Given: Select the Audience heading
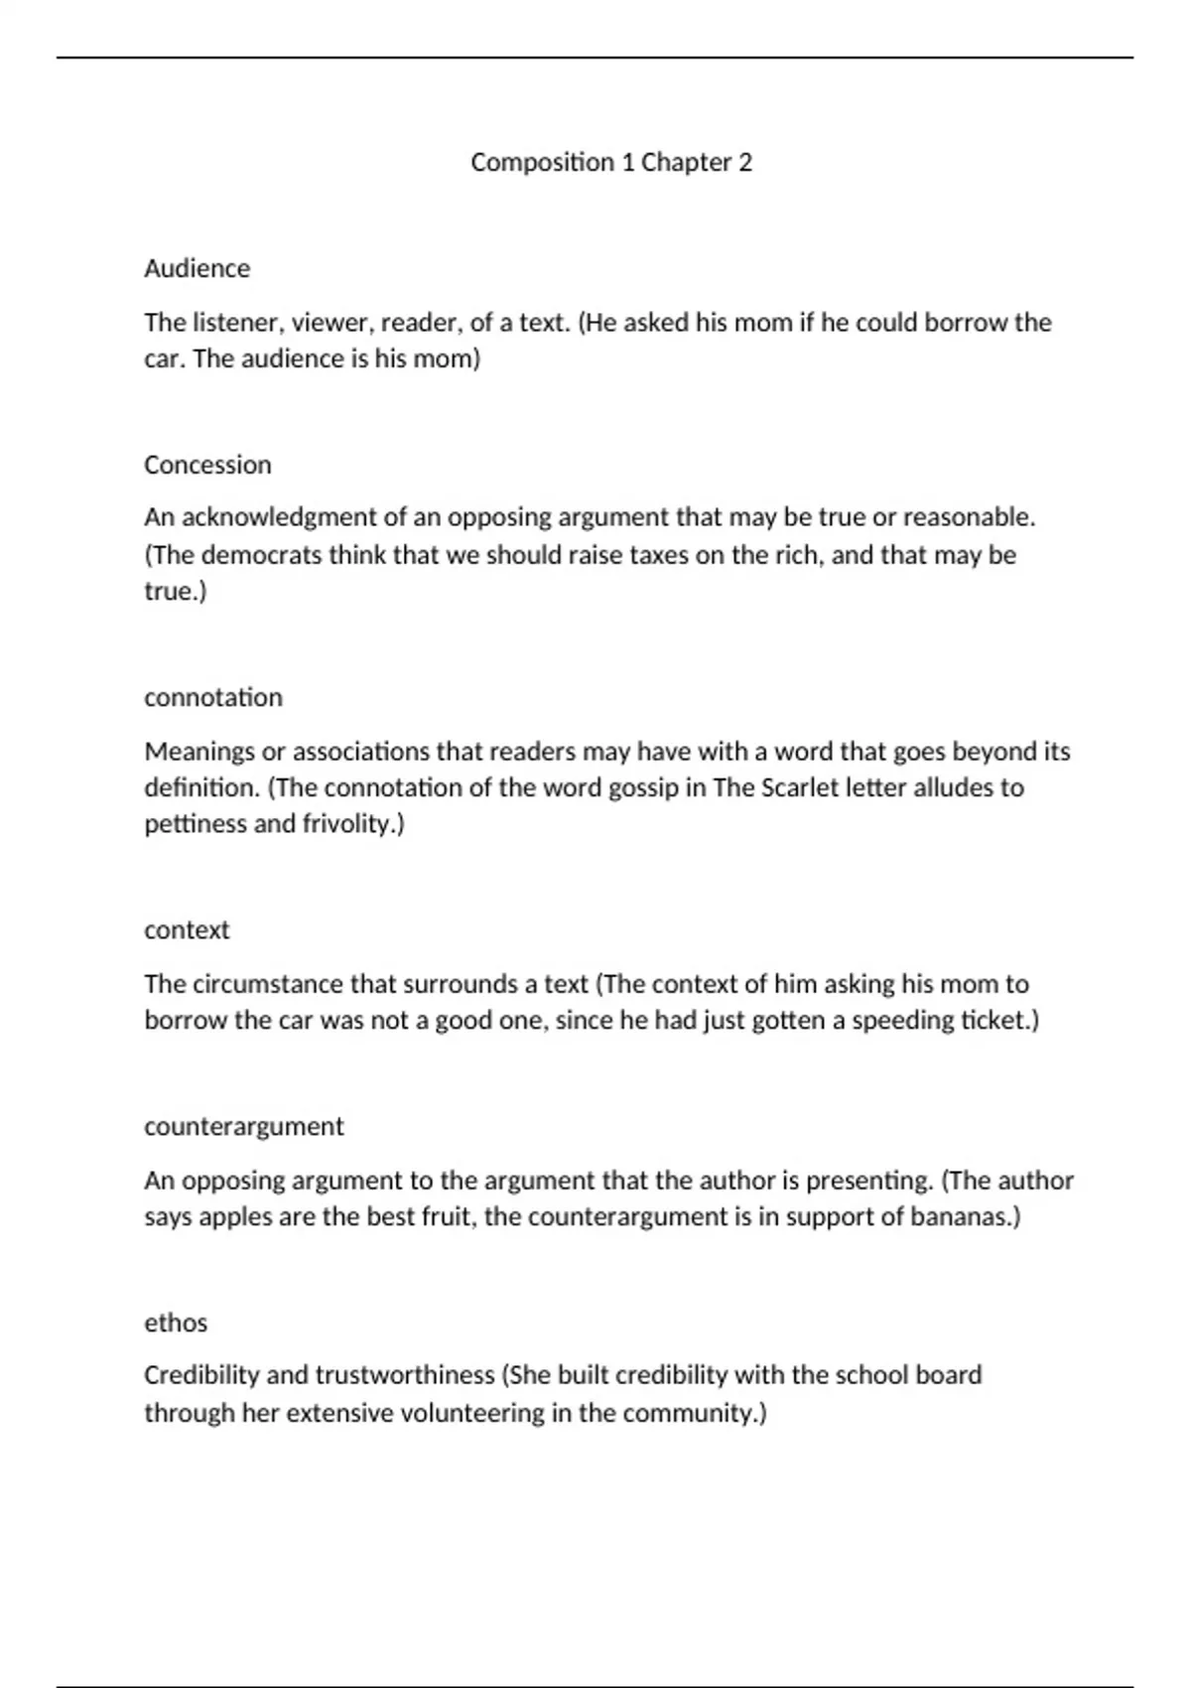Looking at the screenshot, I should [x=197, y=268].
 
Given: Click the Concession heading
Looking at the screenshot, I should [x=207, y=465].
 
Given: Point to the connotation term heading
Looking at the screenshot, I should [x=213, y=697].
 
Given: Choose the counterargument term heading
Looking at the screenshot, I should [x=243, y=1126].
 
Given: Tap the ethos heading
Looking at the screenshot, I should [x=176, y=1323].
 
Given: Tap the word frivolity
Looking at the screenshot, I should [x=352, y=824].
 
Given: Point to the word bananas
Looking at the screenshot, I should [x=964, y=1216].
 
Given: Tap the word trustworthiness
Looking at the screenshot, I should [x=405, y=1375].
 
